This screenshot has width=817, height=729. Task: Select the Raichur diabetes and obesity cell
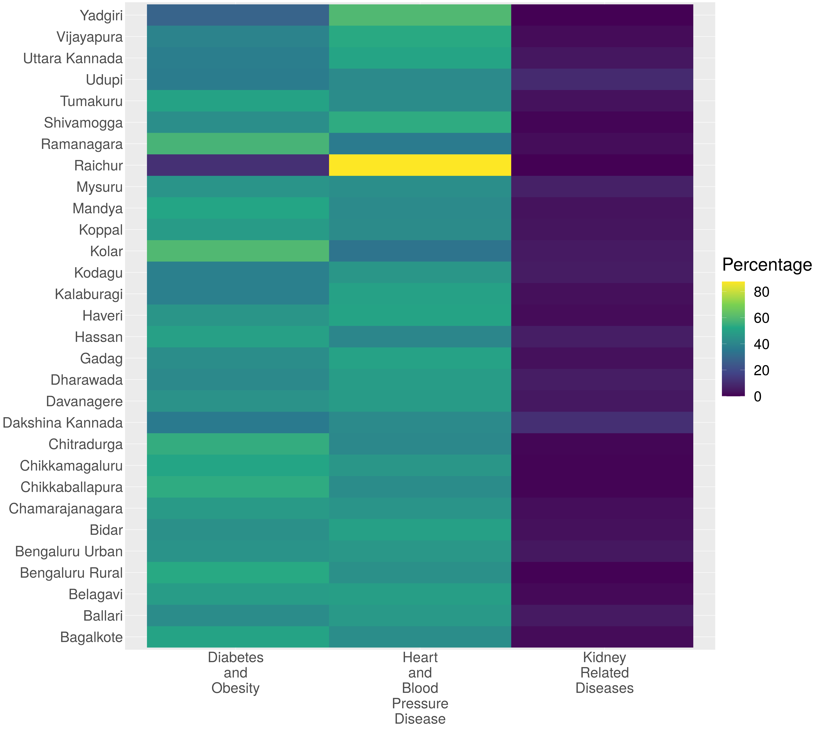[x=238, y=165]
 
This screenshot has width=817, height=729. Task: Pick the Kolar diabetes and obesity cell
[x=238, y=251]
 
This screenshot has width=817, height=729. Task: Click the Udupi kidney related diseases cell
[x=602, y=79]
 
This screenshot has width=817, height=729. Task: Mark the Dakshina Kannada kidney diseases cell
[x=602, y=423]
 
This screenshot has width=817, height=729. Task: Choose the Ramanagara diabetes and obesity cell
[x=238, y=144]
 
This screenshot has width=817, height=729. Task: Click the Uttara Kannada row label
[x=73, y=59]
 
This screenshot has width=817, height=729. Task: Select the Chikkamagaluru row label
[x=71, y=466]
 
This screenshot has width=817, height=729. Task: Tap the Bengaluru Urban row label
[x=69, y=552]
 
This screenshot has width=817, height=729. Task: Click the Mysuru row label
[x=100, y=187]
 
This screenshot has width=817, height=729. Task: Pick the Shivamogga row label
[x=83, y=123]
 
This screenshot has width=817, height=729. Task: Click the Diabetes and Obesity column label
[x=236, y=673]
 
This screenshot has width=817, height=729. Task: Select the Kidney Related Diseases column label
[x=605, y=673]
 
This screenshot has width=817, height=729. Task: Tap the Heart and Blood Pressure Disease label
[x=420, y=688]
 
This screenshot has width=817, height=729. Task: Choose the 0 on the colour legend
[x=757, y=397]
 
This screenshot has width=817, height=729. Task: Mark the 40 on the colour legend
[x=761, y=344]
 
